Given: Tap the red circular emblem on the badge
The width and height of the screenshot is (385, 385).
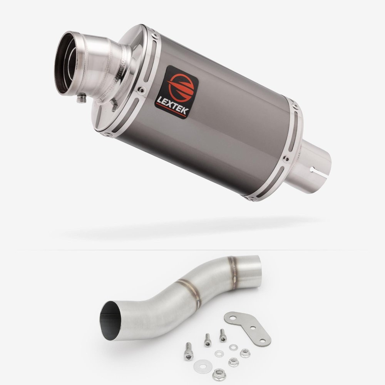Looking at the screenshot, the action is pos(181,87).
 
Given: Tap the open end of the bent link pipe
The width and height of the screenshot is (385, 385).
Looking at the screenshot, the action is pos(110,320).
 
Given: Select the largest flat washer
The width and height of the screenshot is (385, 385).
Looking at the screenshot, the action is pos(203,366).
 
